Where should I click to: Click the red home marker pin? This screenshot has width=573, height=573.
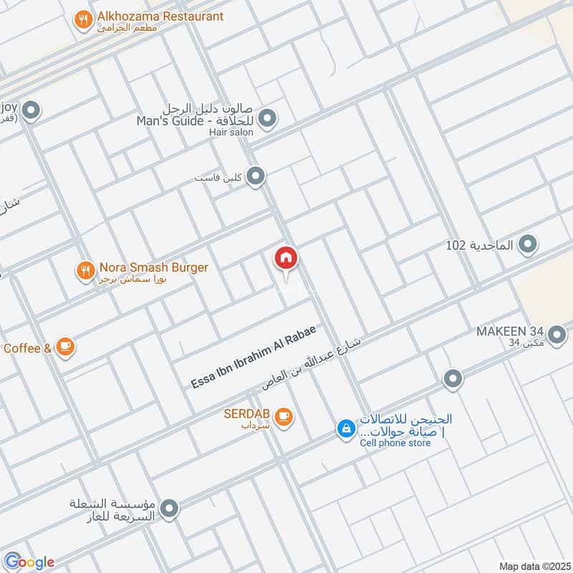click(x=286, y=259)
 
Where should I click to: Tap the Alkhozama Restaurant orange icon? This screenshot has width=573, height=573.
click(x=85, y=21)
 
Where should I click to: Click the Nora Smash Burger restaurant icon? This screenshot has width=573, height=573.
click(x=85, y=270)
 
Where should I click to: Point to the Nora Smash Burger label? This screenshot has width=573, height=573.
click(x=154, y=268)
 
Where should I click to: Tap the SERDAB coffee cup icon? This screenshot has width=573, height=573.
click(x=284, y=415)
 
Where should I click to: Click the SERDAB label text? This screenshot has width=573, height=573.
click(x=247, y=415)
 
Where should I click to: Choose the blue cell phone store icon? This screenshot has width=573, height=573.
click(x=346, y=429)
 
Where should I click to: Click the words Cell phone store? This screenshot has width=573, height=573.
click(x=395, y=443)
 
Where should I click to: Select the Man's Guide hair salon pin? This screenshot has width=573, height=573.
click(x=267, y=119)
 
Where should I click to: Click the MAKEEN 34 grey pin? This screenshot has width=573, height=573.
click(x=556, y=333)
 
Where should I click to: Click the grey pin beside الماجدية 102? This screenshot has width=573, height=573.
click(x=528, y=245)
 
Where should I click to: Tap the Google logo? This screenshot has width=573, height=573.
click(x=29, y=562)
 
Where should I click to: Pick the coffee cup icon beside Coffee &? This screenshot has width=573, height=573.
click(x=65, y=347)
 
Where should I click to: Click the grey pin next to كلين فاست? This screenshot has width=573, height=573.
click(x=256, y=176)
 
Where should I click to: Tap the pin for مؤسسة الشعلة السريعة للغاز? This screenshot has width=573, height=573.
click(x=170, y=509)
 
